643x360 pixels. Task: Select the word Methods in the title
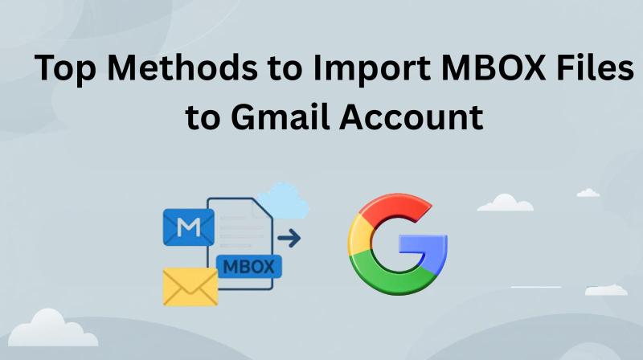pyautogui.click(x=182, y=67)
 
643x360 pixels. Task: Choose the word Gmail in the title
pyautogui.click(x=281, y=117)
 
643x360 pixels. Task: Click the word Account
pyautogui.click(x=412, y=117)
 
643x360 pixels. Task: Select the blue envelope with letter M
pyautogui.click(x=189, y=227)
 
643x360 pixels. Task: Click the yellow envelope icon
pyautogui.click(x=190, y=287)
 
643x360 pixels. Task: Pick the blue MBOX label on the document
pyautogui.click(x=249, y=267)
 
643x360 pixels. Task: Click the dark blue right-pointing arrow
pyautogui.click(x=289, y=238)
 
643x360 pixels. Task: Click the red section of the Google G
pyautogui.click(x=394, y=207)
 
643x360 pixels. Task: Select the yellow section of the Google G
pyautogui.click(x=359, y=235)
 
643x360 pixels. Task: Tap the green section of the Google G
pyautogui.click(x=391, y=276)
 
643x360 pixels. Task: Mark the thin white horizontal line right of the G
pyautogui.click(x=536, y=287)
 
